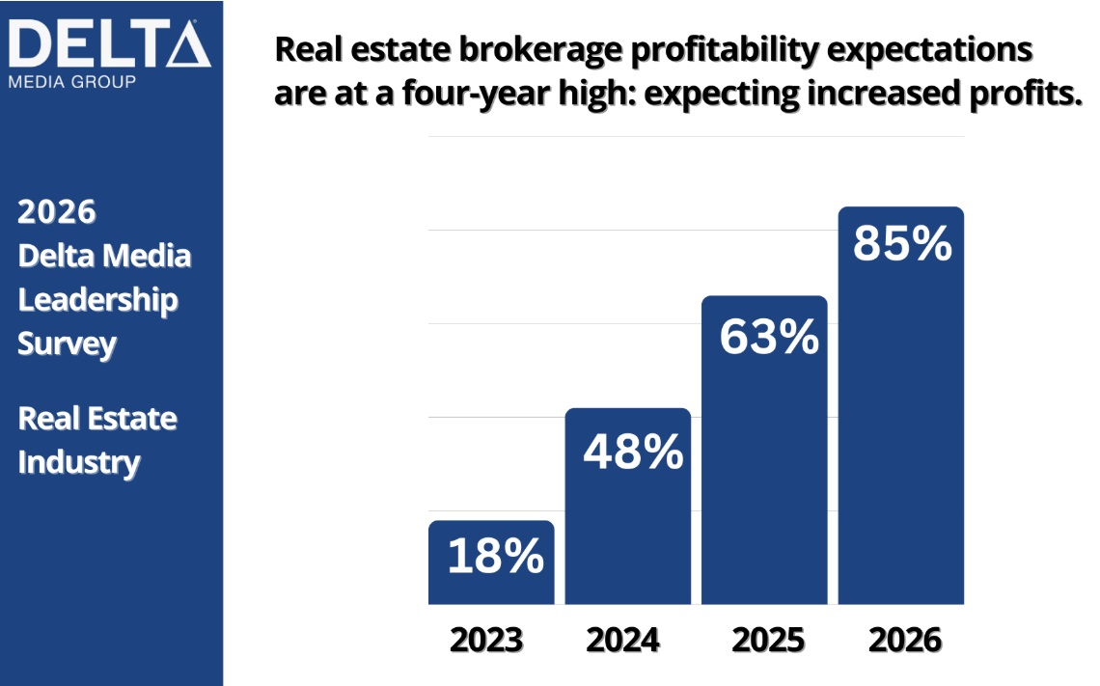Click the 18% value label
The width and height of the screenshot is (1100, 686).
495,557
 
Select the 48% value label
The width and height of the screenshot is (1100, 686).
632,452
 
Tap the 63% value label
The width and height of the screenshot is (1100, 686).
768,338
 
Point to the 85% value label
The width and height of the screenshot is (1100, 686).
902,244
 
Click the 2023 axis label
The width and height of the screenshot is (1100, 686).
486,640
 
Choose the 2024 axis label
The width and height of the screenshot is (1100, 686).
622,640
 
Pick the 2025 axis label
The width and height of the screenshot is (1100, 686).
768,640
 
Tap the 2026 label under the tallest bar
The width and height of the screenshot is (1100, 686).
904,640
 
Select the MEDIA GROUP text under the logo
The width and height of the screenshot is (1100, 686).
71,81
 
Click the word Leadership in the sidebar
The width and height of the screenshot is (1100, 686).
98,299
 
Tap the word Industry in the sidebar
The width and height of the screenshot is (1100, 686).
79,462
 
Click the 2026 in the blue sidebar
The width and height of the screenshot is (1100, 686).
57,211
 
